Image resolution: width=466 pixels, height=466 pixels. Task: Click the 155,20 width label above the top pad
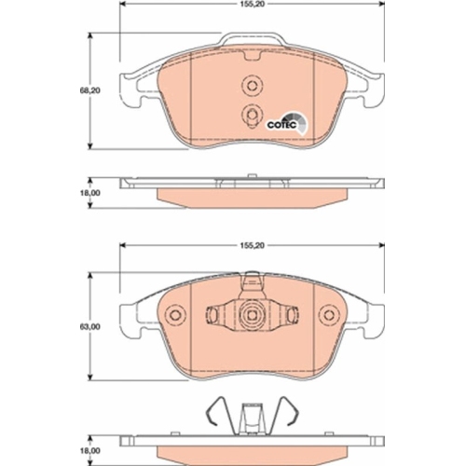click(x=252, y=5)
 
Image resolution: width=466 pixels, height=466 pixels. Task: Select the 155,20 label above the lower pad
click(x=252, y=245)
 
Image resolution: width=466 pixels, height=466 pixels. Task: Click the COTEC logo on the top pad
click(x=287, y=124)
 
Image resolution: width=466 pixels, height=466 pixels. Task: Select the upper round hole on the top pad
click(x=253, y=85)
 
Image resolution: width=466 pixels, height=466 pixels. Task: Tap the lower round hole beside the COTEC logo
click(x=253, y=115)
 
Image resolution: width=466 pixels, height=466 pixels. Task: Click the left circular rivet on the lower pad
click(x=175, y=315)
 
